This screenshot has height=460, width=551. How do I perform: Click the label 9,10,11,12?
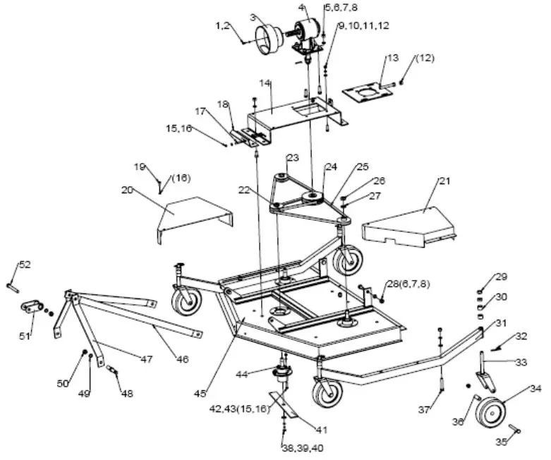click(364, 26)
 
